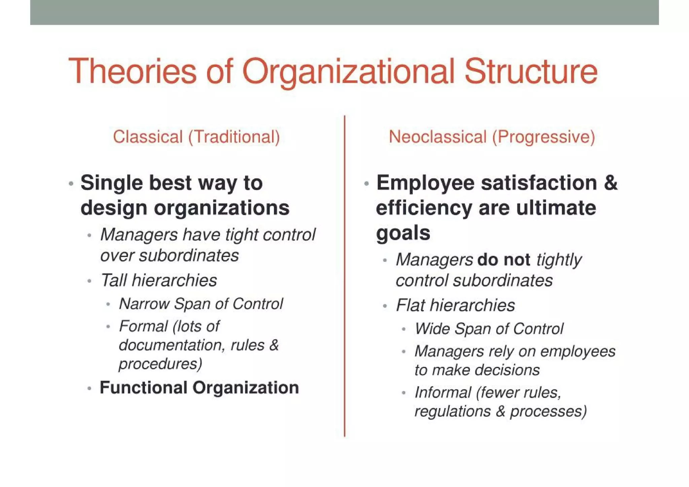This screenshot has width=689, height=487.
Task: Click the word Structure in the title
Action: (x=531, y=71)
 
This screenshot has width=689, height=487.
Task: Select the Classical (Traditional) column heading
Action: (x=196, y=137)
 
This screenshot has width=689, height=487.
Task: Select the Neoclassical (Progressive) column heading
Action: (x=492, y=137)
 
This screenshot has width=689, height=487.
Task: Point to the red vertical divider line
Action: (x=344, y=276)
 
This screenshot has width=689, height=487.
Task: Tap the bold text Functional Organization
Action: (x=199, y=387)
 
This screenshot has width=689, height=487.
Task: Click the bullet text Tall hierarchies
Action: (x=158, y=280)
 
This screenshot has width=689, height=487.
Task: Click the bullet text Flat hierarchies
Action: (x=455, y=305)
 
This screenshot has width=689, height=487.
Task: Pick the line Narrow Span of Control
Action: (x=201, y=304)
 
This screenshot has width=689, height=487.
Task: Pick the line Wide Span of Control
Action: (x=489, y=329)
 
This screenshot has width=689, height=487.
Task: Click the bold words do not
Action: (x=504, y=260)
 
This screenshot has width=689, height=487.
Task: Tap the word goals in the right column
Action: (x=403, y=233)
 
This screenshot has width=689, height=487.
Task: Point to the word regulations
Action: (x=452, y=411)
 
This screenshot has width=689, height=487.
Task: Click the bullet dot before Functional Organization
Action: (x=89, y=388)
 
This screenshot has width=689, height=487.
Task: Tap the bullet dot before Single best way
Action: (x=71, y=184)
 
